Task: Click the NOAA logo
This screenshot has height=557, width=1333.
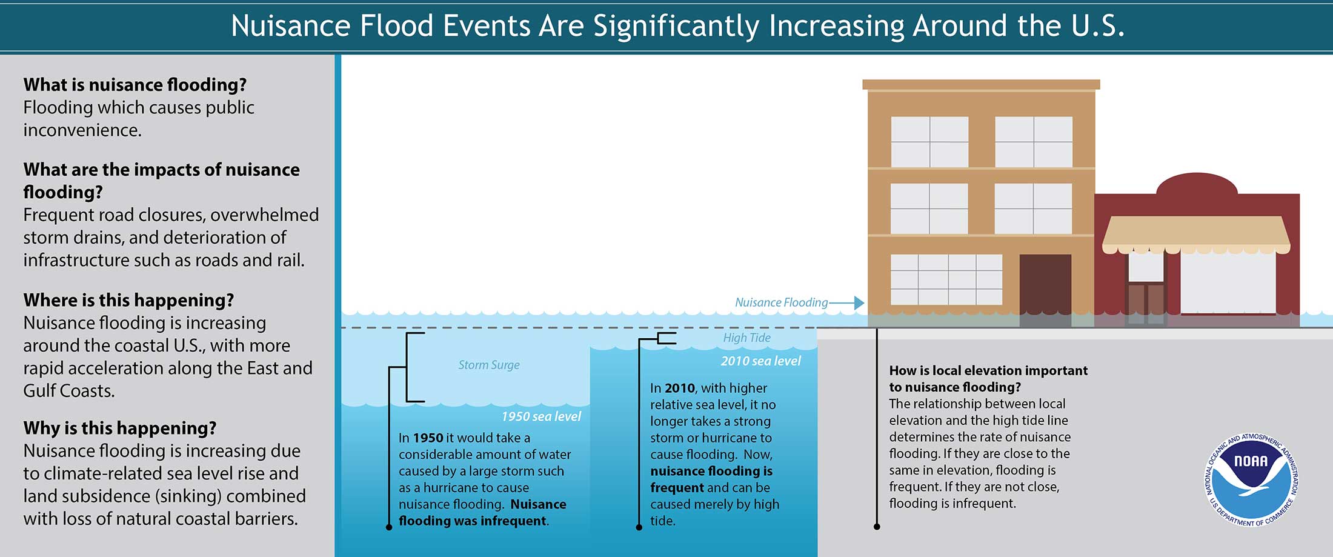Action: pyautogui.click(x=1251, y=480)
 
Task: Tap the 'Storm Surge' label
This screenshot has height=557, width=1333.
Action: pyautogui.click(x=489, y=365)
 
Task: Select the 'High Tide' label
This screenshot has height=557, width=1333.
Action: pyautogui.click(x=746, y=338)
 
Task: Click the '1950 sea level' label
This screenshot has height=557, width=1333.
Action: pyautogui.click(x=541, y=416)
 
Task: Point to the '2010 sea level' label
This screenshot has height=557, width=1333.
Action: pyautogui.click(x=760, y=361)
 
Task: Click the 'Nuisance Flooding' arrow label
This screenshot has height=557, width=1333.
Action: pyautogui.click(x=781, y=302)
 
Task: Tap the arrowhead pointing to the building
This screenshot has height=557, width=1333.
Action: pyautogui.click(x=859, y=302)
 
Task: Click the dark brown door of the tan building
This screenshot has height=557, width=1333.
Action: pyautogui.click(x=1045, y=290)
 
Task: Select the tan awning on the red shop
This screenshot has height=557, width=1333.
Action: pyautogui.click(x=1195, y=235)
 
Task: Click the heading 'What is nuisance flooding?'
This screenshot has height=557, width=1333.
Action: pyautogui.click(x=135, y=84)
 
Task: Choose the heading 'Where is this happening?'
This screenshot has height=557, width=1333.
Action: pyautogui.click(x=128, y=300)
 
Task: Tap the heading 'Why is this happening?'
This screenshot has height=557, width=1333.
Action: pyautogui.click(x=120, y=428)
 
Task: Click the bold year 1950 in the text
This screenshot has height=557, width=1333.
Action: pyautogui.click(x=428, y=438)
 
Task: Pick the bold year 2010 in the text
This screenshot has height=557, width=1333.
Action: pyautogui.click(x=680, y=388)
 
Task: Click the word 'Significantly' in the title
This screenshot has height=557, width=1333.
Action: pyautogui.click(x=676, y=27)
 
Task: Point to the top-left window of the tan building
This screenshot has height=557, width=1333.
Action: pyautogui.click(x=929, y=142)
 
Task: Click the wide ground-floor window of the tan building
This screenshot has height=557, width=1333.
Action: pyautogui.click(x=946, y=279)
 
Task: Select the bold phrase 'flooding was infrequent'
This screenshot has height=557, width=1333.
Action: pyautogui.click(x=473, y=521)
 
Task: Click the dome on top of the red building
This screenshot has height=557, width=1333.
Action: pyautogui.click(x=1197, y=185)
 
